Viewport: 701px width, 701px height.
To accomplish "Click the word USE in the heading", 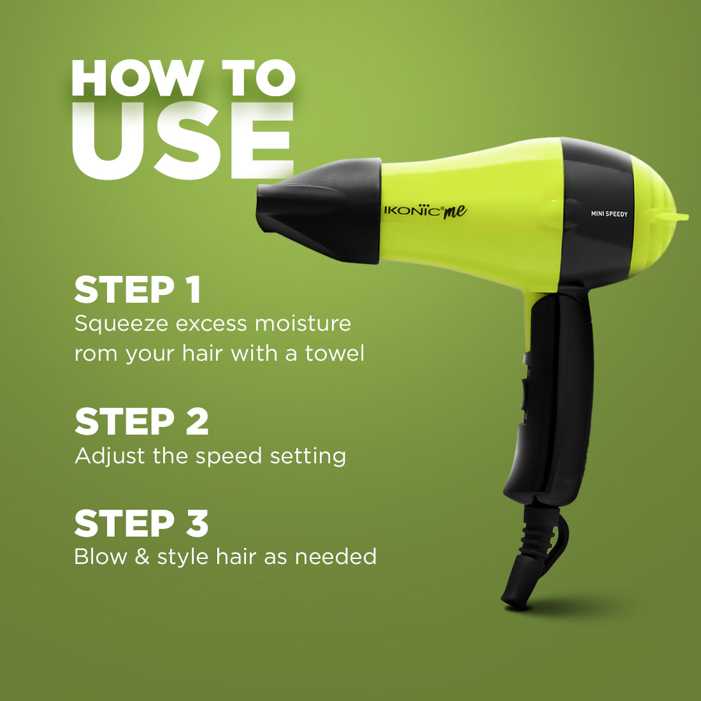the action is coord(182,140).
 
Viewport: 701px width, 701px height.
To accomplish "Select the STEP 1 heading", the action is coord(137,290).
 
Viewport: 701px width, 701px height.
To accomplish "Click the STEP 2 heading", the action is coord(141,421).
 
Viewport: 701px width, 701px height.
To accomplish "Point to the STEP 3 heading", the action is coord(141,523).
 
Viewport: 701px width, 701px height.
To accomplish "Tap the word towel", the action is coord(335,353).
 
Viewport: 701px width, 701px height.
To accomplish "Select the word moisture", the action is coord(303,323).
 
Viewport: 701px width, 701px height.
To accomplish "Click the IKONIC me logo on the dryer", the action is coord(425,212).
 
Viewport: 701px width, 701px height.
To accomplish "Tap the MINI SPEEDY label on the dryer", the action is coord(609,213).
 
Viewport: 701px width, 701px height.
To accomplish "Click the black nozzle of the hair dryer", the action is coord(318,210).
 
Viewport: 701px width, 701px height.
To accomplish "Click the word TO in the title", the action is coord(259,78).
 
